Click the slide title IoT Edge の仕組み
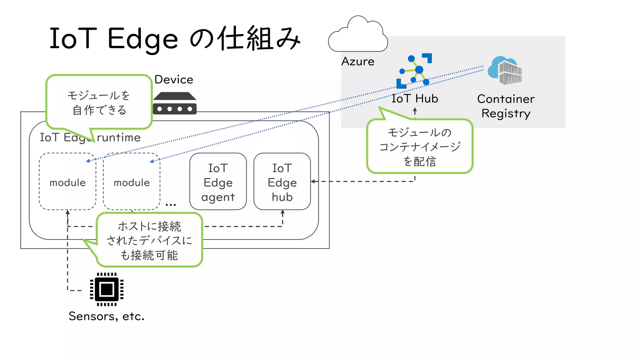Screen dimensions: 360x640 (x=175, y=39)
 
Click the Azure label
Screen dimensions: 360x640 (x=358, y=61)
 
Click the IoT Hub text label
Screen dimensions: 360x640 (x=415, y=98)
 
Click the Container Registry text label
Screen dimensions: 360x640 (x=506, y=106)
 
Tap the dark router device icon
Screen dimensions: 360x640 (x=175, y=103)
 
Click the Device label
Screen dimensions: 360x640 (x=174, y=79)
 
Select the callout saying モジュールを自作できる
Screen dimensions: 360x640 (x=99, y=102)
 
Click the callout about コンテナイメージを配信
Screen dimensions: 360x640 (x=420, y=147)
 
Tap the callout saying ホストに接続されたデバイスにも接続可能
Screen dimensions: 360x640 (x=149, y=240)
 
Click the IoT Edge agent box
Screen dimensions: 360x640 (x=218, y=182)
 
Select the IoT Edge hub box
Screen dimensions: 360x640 (x=282, y=182)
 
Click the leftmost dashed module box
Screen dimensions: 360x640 (x=67, y=182)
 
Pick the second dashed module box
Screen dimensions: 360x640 (x=132, y=182)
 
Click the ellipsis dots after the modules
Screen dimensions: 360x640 (x=171, y=205)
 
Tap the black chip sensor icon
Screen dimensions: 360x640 (x=107, y=289)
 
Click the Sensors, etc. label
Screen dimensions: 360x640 (x=107, y=316)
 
